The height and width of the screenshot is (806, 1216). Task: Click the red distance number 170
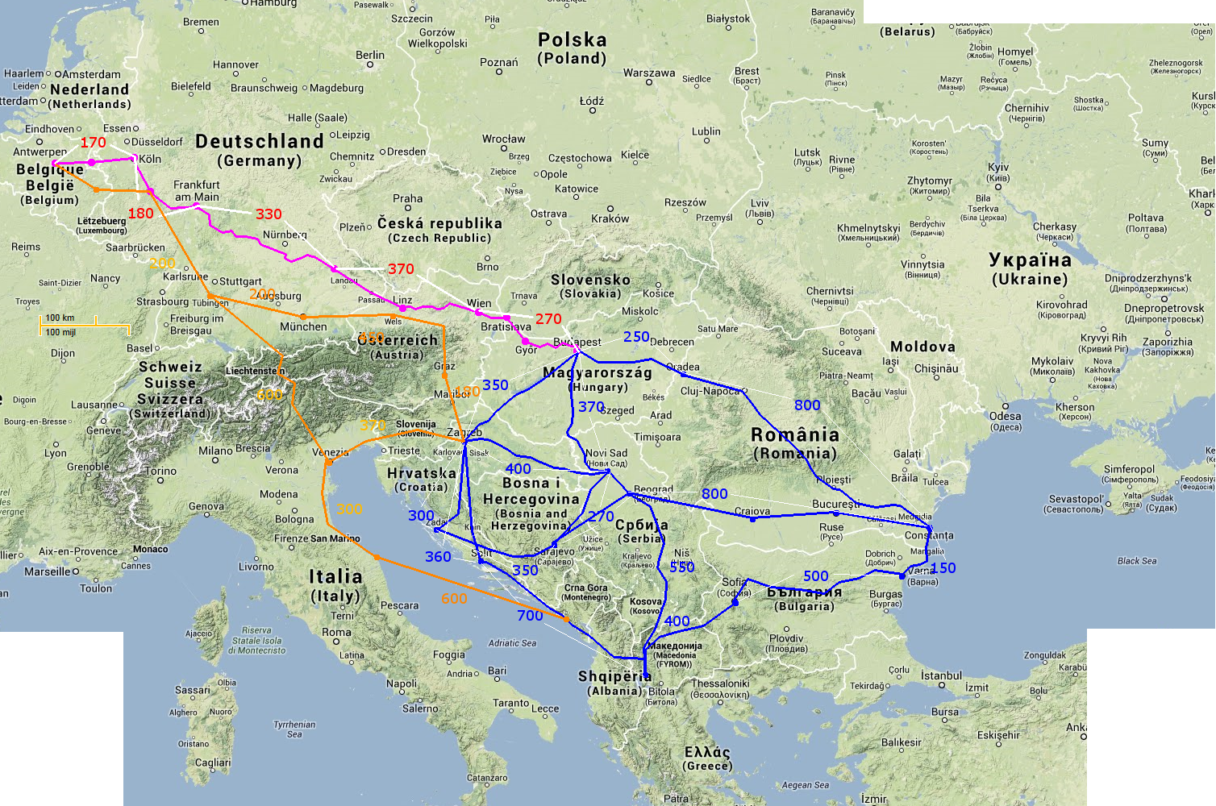tap(94, 143)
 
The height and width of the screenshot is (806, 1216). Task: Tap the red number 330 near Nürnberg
tap(269, 214)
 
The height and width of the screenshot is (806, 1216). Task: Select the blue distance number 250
tap(636, 337)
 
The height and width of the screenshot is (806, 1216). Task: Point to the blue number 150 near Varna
tap(943, 568)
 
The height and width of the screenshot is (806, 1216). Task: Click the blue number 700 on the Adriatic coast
tap(530, 616)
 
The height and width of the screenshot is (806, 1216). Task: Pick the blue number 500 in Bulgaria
tap(815, 576)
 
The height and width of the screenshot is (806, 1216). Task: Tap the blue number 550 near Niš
tap(682, 567)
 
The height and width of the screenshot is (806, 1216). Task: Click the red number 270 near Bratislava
tap(548, 319)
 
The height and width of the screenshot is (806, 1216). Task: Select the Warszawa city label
tap(649, 73)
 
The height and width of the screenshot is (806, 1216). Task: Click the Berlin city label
tap(370, 56)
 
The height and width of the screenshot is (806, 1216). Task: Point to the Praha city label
tap(407, 199)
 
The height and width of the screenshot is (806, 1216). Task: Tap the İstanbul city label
tap(941, 676)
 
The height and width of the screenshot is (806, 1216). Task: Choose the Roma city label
tap(336, 633)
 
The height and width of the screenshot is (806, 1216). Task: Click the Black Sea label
tap(1137, 561)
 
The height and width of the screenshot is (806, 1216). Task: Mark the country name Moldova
tap(922, 347)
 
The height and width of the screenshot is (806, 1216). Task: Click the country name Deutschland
tap(260, 142)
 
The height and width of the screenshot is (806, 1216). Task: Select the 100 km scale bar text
tap(60, 318)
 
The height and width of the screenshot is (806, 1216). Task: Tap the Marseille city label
tap(48, 571)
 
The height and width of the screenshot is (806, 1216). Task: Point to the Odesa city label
tap(1005, 417)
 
